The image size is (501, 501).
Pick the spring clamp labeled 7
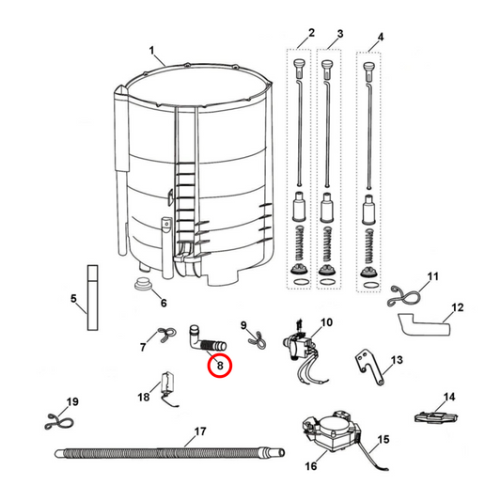(x=166, y=333)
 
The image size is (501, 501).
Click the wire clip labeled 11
(x=405, y=294)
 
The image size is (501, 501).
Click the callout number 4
(x=380, y=39)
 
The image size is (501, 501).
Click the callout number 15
(x=383, y=440)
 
